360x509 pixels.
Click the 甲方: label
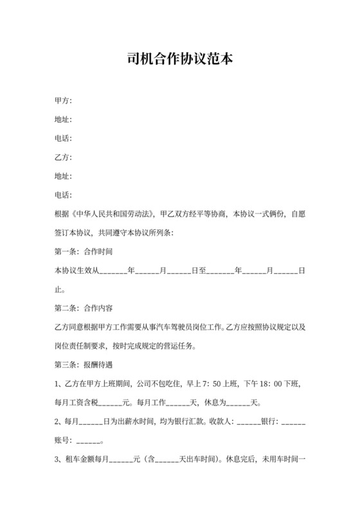point(63,101)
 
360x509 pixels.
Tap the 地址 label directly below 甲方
point(63,120)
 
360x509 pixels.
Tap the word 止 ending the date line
point(59,289)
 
